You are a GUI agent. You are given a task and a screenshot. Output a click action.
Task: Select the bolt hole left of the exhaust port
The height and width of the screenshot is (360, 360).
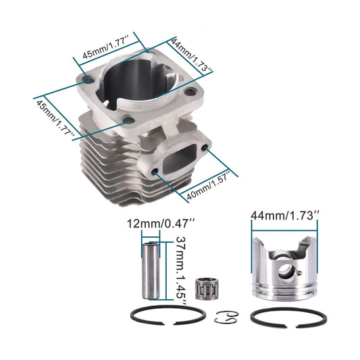pos(157,174)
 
